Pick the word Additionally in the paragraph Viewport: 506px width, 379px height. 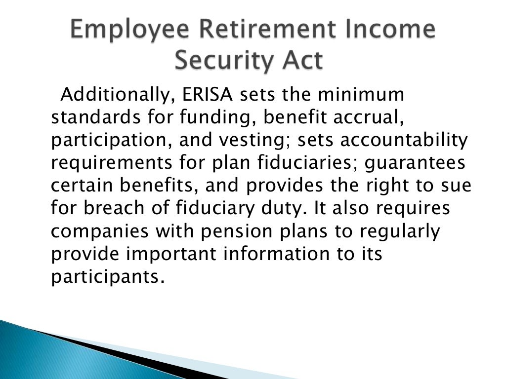(x=117, y=95)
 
